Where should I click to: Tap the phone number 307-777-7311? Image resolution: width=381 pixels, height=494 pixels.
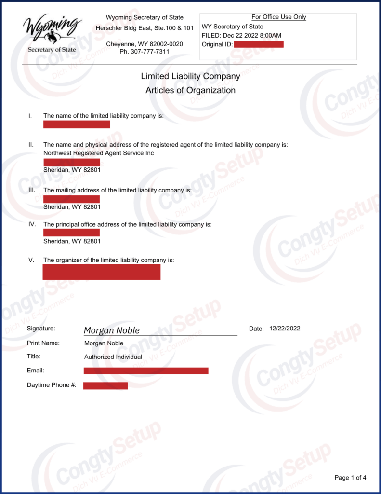point(145,51)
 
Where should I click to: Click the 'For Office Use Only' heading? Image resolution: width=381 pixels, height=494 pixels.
point(279,17)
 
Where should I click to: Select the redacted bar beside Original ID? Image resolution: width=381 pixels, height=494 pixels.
point(259,44)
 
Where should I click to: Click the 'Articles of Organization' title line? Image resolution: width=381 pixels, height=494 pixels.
point(190,90)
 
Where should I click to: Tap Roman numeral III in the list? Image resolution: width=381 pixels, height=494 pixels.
point(32,190)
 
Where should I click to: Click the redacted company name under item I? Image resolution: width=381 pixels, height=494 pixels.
point(77,124)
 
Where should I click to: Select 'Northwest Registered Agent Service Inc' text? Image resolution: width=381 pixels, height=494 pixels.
point(99,153)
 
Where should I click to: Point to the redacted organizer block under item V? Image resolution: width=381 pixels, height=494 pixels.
point(102,272)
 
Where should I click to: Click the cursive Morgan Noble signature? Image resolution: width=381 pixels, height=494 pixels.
point(112,330)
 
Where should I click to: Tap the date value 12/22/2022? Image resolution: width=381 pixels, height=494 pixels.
point(285,329)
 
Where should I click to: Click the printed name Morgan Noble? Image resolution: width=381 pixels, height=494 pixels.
point(104,343)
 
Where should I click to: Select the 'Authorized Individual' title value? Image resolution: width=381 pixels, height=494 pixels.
point(113,357)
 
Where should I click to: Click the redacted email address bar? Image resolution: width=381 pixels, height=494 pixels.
point(146,370)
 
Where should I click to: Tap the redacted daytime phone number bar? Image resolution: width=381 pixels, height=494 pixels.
point(105,385)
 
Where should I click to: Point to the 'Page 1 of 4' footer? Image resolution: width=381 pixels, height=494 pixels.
point(350,478)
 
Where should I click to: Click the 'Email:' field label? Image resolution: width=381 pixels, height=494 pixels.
point(36,370)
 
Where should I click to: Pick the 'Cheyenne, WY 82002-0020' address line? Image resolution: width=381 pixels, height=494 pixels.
point(145,44)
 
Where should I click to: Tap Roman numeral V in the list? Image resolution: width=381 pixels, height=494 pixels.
point(31,260)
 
